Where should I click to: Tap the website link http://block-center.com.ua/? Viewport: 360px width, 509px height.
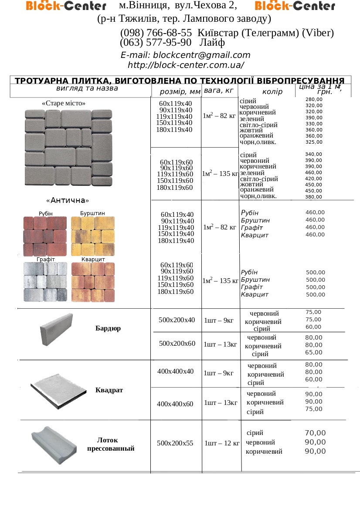(186, 65)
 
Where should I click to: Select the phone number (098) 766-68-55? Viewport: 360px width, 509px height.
(156, 33)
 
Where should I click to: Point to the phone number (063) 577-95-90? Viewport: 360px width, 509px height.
(156, 43)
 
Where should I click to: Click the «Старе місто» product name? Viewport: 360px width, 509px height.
(64, 104)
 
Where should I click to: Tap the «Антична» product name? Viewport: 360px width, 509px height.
(67, 200)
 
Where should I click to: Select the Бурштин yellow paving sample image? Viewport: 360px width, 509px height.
(92, 236)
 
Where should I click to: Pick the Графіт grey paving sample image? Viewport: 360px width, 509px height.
(45, 282)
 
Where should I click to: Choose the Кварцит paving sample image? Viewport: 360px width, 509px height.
(92, 282)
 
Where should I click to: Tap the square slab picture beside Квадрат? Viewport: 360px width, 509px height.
(58, 388)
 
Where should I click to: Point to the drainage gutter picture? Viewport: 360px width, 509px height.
(54, 444)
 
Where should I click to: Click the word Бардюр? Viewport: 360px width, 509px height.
(108, 328)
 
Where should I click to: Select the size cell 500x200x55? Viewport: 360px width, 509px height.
(175, 443)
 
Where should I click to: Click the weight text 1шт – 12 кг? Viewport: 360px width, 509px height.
(221, 444)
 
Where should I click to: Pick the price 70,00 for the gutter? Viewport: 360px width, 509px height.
(315, 433)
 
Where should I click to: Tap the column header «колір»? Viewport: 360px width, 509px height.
(272, 92)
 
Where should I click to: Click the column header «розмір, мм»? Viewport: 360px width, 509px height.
(180, 92)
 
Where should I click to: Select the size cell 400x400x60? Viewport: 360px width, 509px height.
(175, 404)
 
